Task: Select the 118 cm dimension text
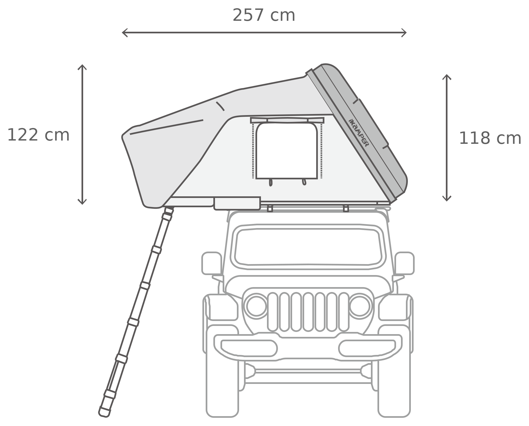(x=490, y=138)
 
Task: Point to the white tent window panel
(x=286, y=151)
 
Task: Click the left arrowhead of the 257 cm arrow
(x=125, y=33)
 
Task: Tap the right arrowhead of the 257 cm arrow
(x=404, y=33)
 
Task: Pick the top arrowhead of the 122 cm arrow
(x=82, y=67)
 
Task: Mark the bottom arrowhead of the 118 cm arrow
(x=447, y=199)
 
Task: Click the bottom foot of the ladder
(x=104, y=412)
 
